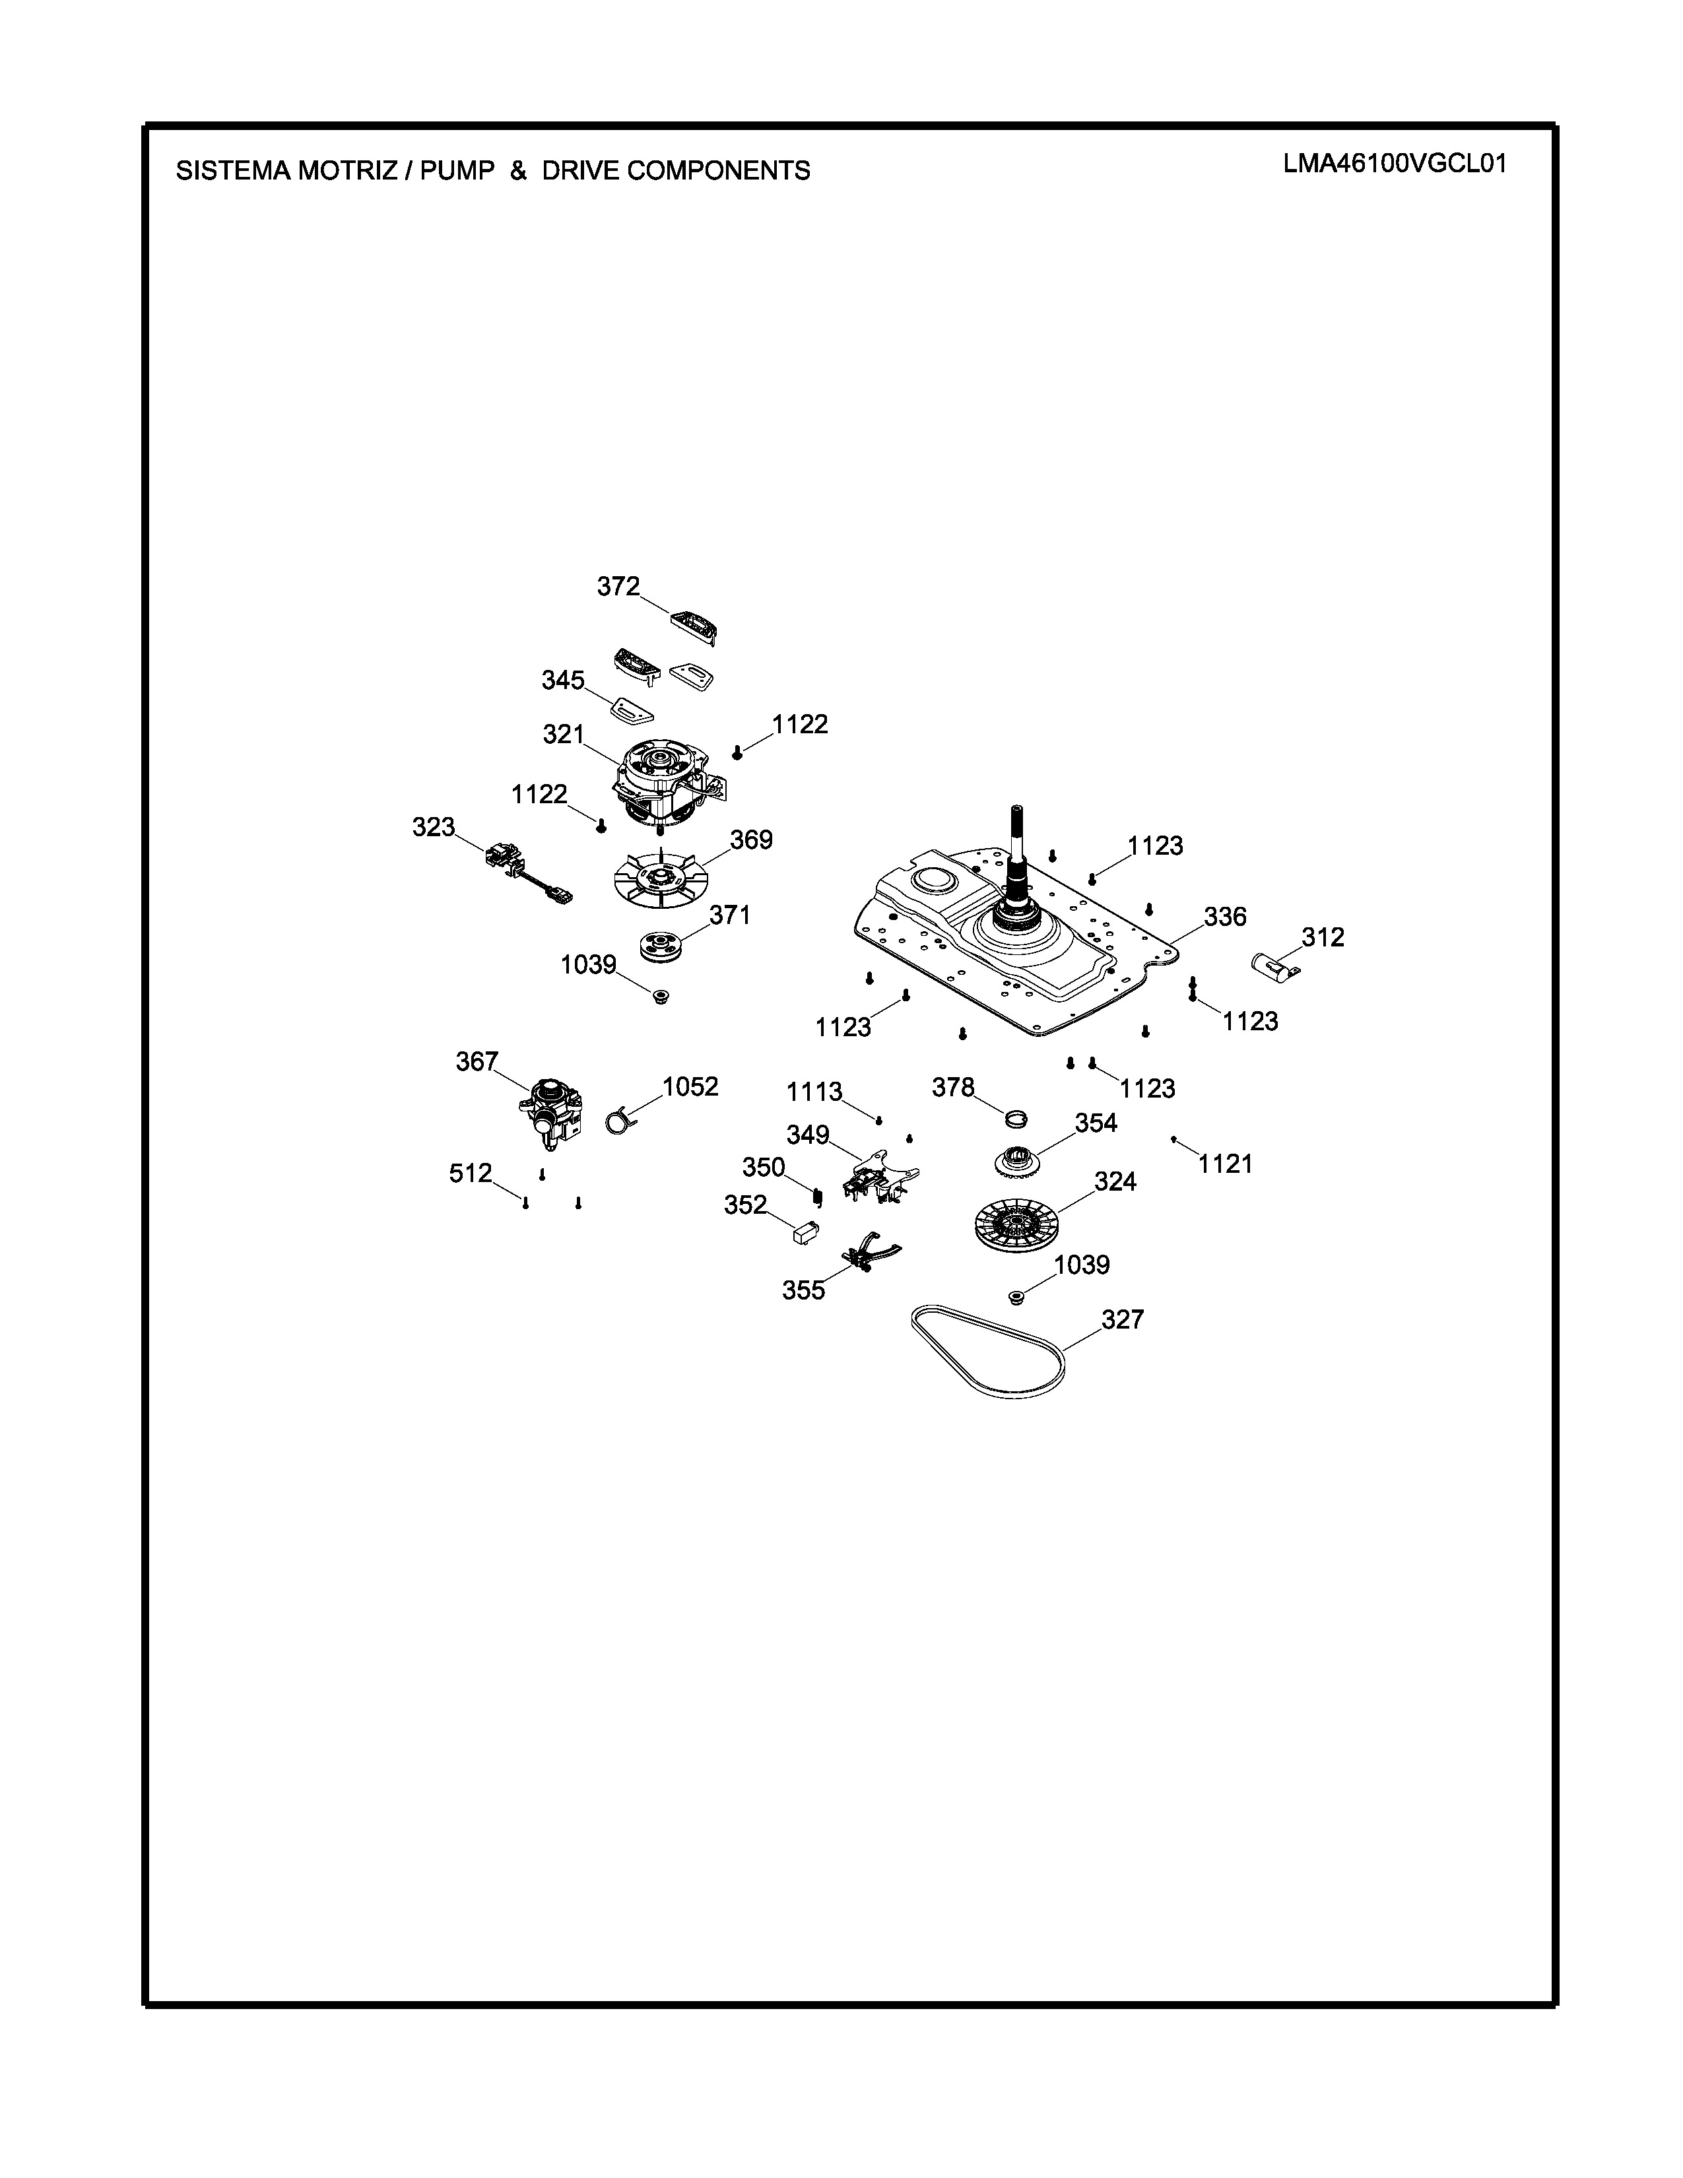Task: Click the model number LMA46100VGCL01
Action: coord(1395,164)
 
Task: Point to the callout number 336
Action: coord(1224,917)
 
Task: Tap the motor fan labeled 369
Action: coord(661,878)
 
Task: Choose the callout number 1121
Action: coord(1226,1164)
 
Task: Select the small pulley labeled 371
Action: coord(659,947)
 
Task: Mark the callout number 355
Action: coord(804,1290)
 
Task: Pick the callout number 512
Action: coord(471,1173)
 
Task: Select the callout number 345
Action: coord(564,680)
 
